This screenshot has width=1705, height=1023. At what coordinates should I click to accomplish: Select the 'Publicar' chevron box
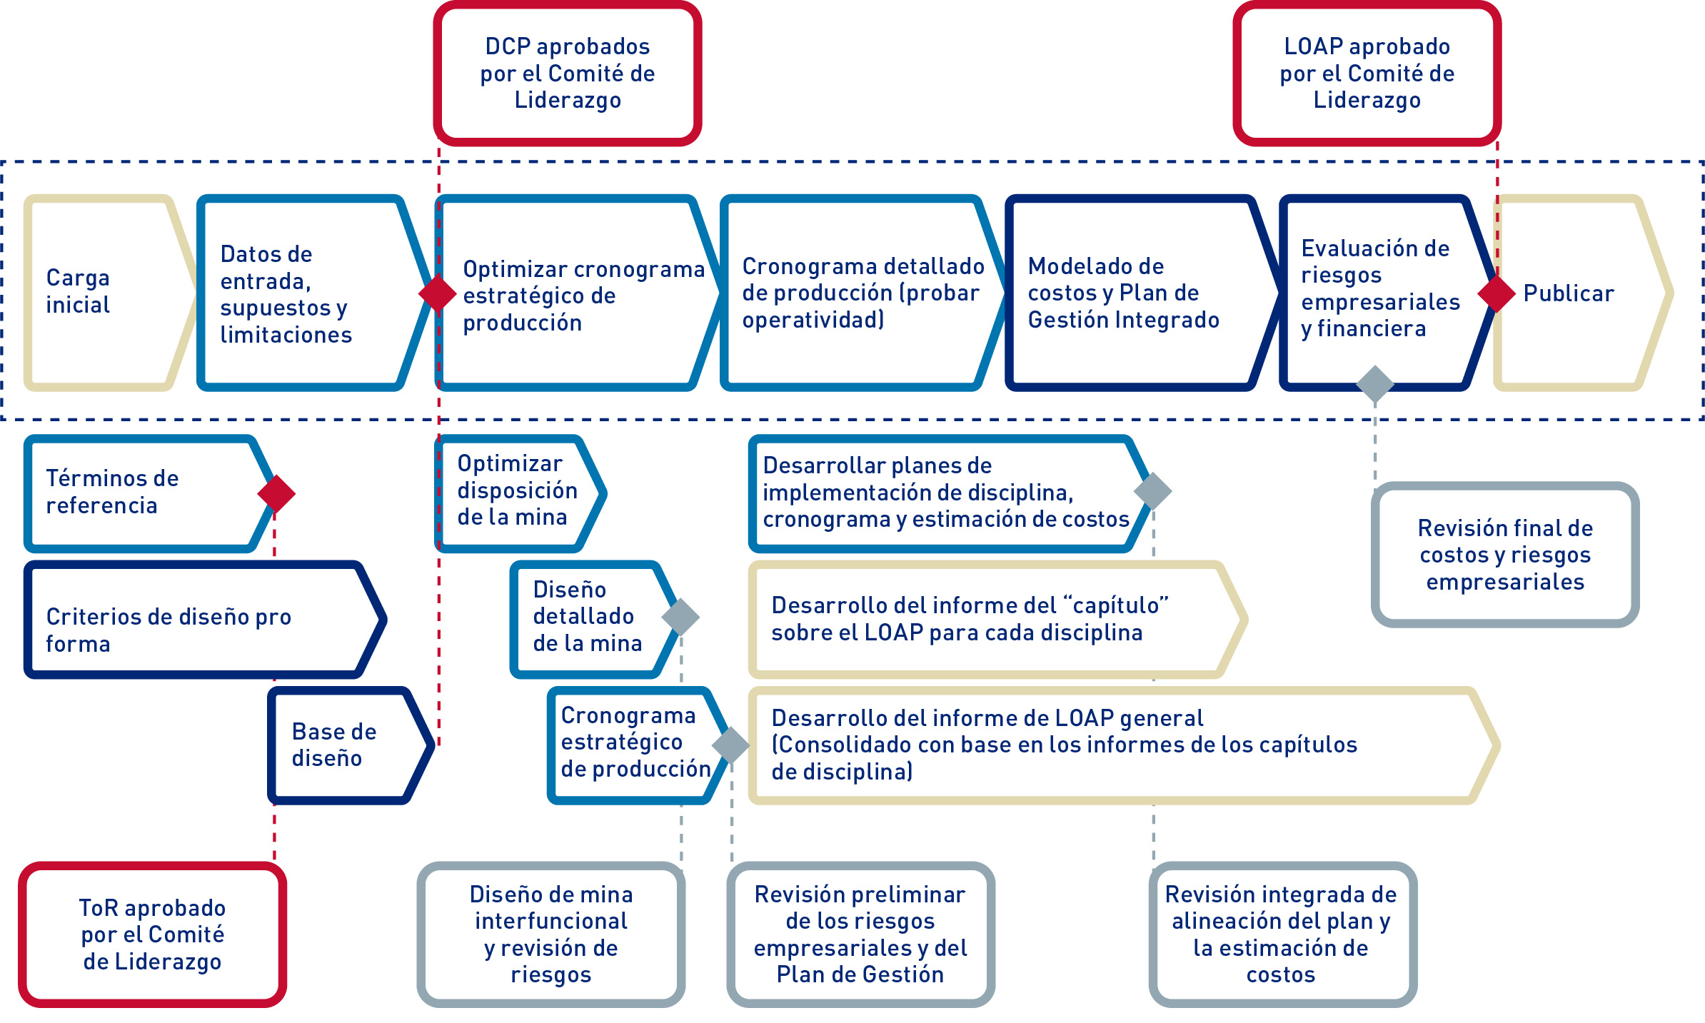(x=1578, y=293)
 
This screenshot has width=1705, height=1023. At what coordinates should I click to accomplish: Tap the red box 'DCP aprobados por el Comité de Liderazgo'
(x=568, y=74)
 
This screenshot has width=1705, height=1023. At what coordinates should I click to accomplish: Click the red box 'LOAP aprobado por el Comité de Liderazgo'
(x=1367, y=74)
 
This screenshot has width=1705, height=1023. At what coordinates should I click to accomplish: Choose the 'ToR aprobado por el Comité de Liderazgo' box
(x=152, y=934)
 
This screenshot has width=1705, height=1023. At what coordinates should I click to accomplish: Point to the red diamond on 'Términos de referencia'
(x=276, y=493)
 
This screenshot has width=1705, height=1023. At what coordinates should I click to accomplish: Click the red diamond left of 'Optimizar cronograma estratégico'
(x=438, y=293)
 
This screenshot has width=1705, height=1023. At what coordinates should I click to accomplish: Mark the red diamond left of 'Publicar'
(x=1497, y=293)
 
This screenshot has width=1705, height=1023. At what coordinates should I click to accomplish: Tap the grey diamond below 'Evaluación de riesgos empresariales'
(x=1375, y=384)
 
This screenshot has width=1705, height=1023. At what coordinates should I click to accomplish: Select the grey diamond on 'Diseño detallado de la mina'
(x=680, y=617)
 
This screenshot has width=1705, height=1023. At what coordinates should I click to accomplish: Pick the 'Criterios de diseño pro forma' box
(x=200, y=620)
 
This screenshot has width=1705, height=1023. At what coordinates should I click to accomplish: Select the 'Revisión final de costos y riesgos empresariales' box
(x=1505, y=555)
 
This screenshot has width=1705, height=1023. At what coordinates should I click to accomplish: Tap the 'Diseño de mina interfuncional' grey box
(x=550, y=934)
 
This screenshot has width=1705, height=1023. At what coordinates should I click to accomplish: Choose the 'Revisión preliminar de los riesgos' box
(x=860, y=934)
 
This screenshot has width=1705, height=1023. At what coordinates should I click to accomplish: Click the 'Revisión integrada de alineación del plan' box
(x=1282, y=934)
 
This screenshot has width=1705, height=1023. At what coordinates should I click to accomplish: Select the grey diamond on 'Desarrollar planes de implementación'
(x=1153, y=490)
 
